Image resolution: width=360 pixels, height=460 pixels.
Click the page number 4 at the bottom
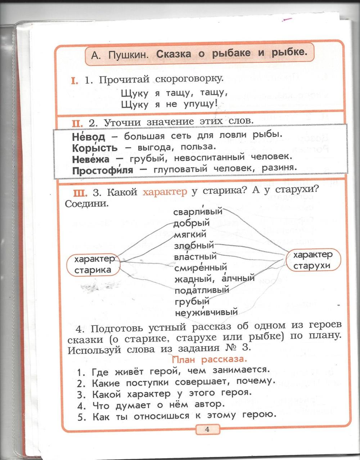point(207,429)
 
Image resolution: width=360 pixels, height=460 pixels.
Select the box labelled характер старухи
point(312,260)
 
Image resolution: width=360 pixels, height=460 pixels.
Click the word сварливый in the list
point(198,212)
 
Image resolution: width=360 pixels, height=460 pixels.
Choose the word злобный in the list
point(194,246)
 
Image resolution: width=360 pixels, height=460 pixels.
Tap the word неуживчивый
point(206,312)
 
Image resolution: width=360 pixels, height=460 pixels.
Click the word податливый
point(202,290)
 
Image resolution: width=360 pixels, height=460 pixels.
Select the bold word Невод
point(88,137)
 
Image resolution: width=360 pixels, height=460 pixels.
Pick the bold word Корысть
point(95,148)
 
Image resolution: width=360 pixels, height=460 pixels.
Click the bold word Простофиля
point(103,170)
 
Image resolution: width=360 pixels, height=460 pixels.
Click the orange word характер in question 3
point(165,192)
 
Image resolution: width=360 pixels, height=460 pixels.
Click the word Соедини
point(87,204)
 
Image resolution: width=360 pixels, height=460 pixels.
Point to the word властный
point(195,257)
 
